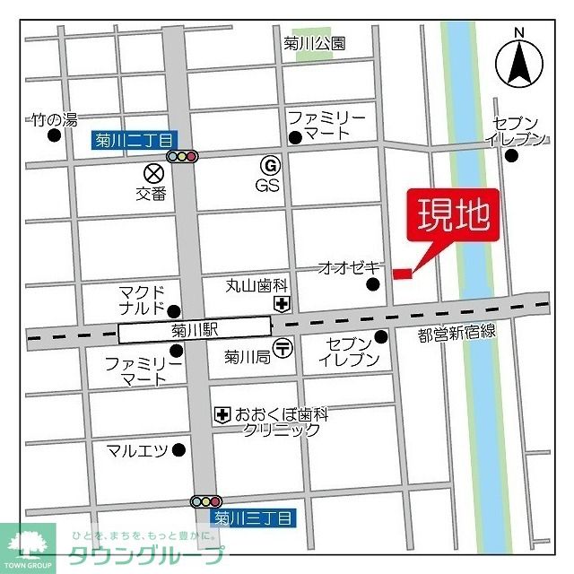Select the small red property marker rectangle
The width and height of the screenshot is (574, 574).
tap(402, 273)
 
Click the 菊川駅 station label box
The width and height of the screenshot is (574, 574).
tap(195, 330)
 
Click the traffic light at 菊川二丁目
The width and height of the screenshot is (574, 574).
tap(182, 157)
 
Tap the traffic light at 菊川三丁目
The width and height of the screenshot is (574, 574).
tap(206, 501)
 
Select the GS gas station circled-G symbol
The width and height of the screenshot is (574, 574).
tap(267, 165)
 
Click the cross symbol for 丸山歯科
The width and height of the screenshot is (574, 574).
tap(282, 304)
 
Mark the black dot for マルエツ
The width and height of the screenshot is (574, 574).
tap(179, 449)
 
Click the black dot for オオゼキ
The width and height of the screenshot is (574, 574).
tap(373, 285)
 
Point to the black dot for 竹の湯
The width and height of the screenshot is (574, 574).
tap(55, 136)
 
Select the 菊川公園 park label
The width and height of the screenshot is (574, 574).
tap(313, 42)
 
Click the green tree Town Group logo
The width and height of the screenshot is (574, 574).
tap(27, 544)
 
